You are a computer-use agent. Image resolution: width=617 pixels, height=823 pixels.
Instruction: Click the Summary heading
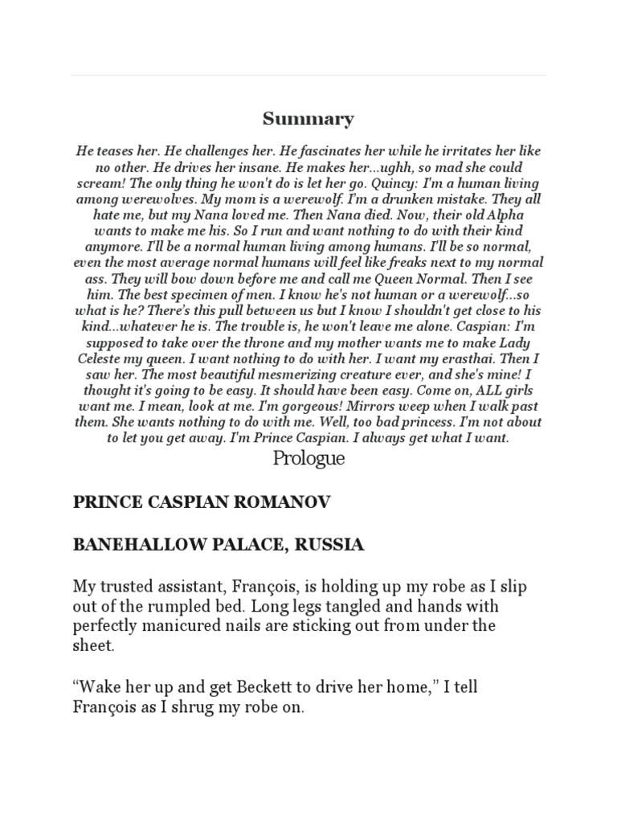tap(308, 120)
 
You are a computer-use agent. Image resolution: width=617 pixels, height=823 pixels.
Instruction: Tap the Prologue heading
tap(308, 459)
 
